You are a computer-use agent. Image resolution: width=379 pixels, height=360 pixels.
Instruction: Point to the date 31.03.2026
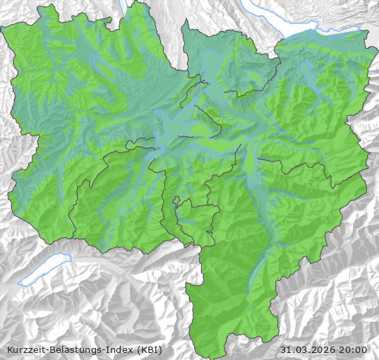click(x=308, y=349)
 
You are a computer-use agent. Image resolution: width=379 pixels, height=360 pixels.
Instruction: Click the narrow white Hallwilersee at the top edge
click(x=126, y=8)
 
